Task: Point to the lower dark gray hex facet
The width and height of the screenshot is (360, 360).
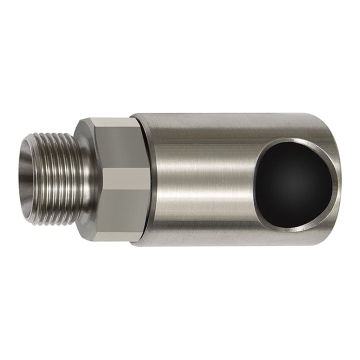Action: click(x=112, y=216)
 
